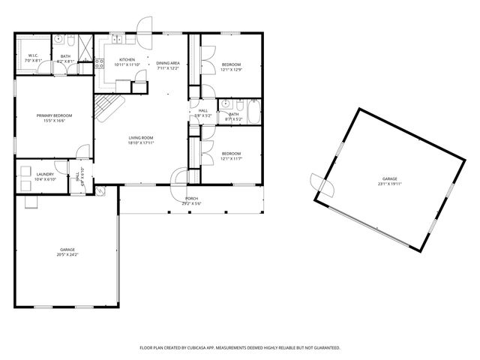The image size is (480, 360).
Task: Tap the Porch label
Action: coord(192,199)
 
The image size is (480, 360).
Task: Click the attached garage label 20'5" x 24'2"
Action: coord(67,252)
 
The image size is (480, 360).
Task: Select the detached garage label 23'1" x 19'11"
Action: coord(390,181)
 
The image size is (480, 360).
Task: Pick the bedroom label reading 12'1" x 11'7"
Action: coord(231,155)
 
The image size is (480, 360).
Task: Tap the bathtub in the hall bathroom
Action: coord(253,112)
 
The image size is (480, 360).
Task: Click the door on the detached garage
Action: coord(318,183)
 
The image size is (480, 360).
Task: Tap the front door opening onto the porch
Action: coord(179,177)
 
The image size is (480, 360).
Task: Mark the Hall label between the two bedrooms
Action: coord(203,112)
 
